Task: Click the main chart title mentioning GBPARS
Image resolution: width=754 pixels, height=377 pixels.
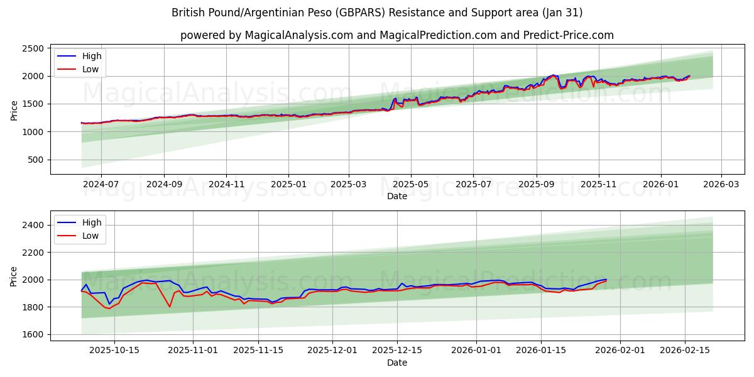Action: [376, 13]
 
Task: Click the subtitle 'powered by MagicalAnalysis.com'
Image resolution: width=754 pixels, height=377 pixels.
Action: [396, 35]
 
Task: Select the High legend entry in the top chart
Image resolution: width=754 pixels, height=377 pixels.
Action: [92, 56]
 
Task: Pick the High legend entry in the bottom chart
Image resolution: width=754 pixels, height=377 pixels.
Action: [92, 222]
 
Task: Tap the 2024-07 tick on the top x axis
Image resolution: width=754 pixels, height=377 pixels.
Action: [101, 185]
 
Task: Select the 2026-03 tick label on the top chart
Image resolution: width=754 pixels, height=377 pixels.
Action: [721, 185]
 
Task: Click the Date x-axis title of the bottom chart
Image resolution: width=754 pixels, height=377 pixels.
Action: [396, 363]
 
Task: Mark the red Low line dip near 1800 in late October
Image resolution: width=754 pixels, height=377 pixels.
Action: [170, 307]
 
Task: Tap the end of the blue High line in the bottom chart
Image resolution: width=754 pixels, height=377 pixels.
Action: [606, 279]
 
